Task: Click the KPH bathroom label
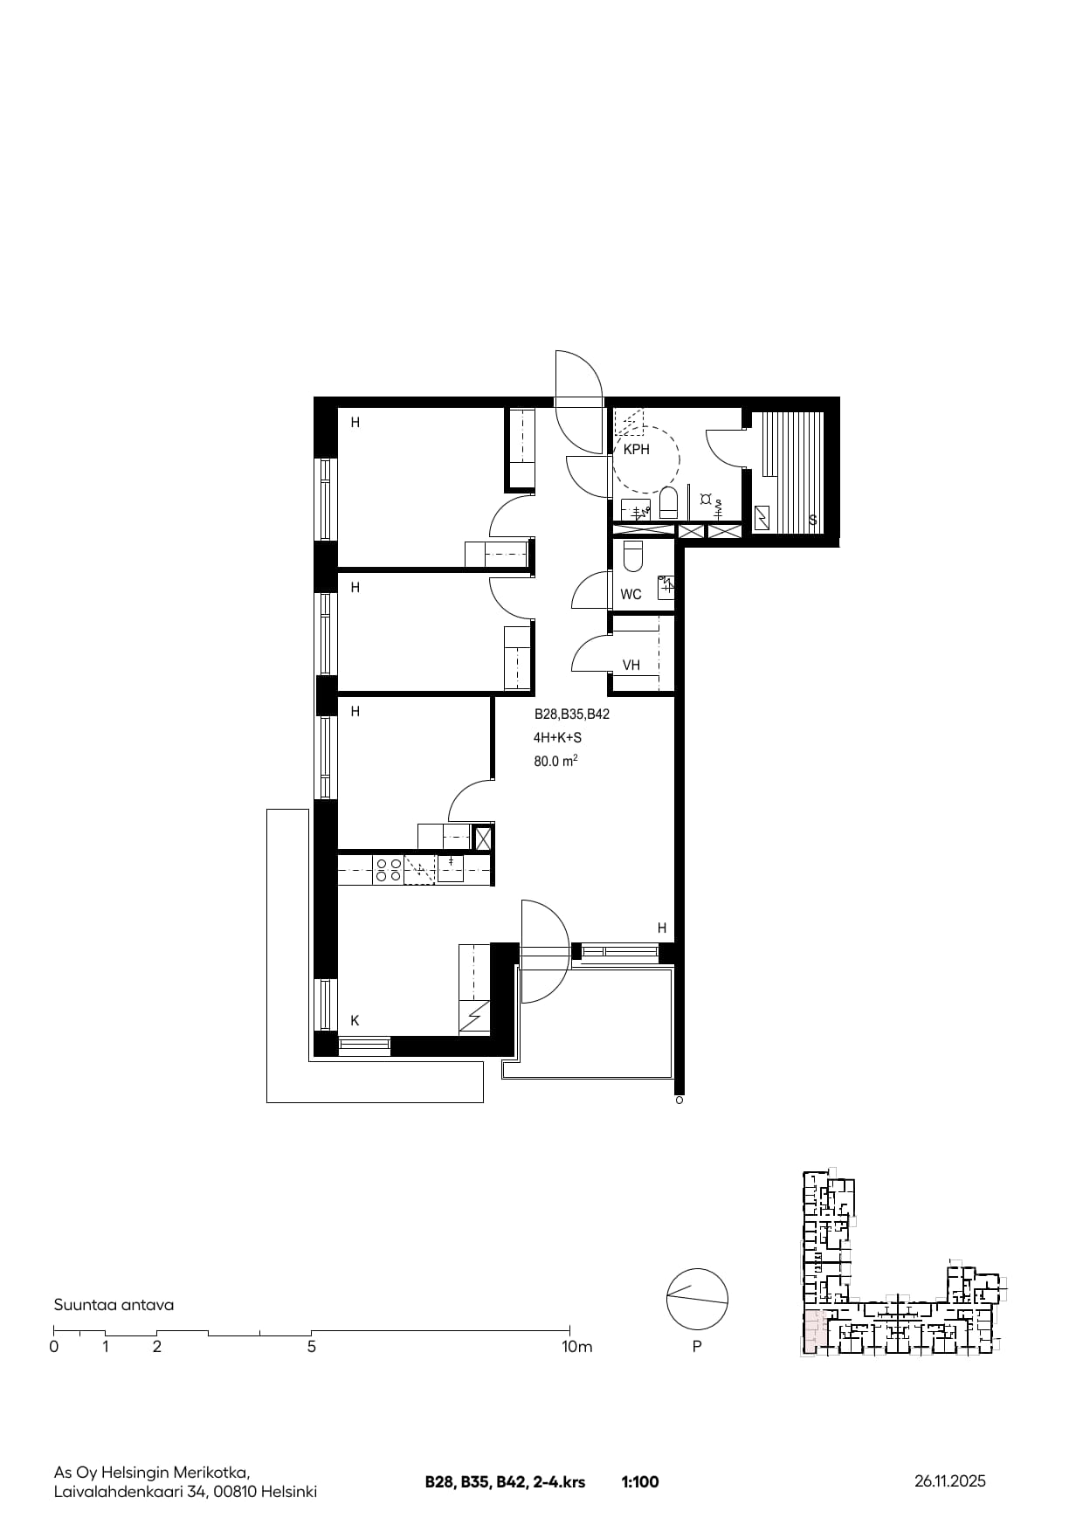[636, 450]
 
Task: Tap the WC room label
[631, 595]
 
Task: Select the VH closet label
[631, 666]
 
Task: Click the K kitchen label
[355, 1020]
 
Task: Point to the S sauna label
[813, 521]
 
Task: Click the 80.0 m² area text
[556, 761]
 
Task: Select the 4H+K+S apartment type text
[557, 738]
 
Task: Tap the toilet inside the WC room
[632, 556]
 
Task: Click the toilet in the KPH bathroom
[668, 503]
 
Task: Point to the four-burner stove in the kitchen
[388, 869]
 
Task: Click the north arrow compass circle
[697, 1299]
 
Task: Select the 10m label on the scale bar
[576, 1347]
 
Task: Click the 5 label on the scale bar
[312, 1347]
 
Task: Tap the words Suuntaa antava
[114, 1305]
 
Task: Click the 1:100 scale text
[640, 1482]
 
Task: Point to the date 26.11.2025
[950, 1481]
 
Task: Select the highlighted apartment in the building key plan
[812, 1332]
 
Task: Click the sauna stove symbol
[762, 518]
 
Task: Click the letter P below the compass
[697, 1347]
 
